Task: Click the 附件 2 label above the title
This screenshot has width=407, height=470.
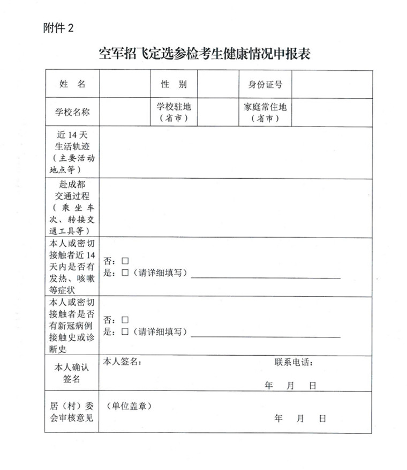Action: [58, 28]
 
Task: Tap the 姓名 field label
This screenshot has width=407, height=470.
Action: [72, 84]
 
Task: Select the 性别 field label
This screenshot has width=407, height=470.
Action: [174, 84]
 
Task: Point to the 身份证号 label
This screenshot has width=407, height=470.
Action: [265, 84]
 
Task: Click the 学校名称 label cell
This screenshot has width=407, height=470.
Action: [72, 112]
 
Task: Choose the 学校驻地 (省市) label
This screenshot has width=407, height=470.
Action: [174, 112]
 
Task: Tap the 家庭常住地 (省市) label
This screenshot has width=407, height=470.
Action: [265, 112]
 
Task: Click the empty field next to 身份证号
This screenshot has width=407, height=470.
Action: [331, 84]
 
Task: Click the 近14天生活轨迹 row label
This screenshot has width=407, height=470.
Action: [72, 152]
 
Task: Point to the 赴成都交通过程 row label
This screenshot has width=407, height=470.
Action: [72, 208]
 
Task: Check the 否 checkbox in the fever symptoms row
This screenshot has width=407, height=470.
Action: [125, 261]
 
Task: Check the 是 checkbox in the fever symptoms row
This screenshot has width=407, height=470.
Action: [125, 273]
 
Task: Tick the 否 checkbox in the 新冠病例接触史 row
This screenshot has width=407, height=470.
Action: [125, 320]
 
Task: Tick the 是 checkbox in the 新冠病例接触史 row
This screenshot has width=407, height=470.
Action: [125, 332]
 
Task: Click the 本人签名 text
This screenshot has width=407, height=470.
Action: [122, 362]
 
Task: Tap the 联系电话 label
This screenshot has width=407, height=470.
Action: [294, 362]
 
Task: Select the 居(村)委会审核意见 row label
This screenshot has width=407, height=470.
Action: [72, 412]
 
